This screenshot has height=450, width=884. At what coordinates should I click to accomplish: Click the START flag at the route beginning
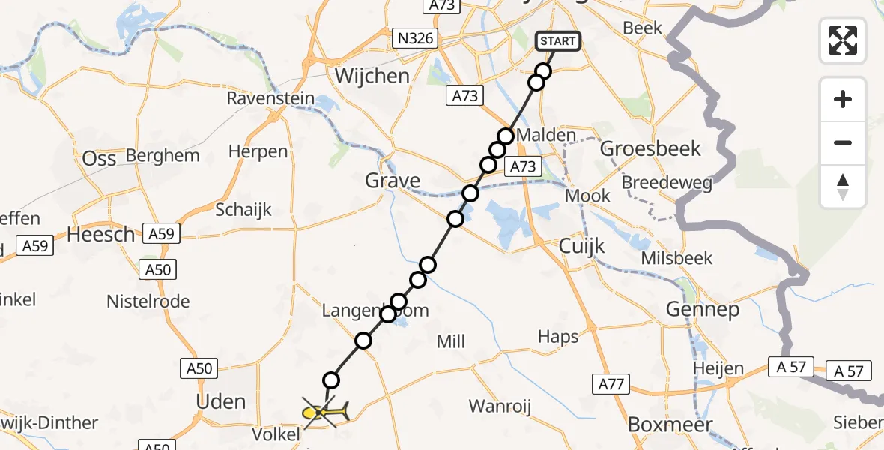point(558,41)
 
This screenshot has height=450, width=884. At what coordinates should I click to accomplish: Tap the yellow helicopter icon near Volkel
point(324,412)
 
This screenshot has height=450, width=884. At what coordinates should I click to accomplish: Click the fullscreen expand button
point(843,40)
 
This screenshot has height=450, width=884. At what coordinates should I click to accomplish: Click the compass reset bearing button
point(843,187)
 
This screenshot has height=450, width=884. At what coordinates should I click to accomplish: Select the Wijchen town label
point(372,76)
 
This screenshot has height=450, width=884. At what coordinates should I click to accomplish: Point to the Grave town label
point(393,181)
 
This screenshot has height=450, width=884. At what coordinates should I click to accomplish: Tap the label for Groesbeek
point(651,148)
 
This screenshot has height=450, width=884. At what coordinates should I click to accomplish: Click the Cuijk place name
point(582,247)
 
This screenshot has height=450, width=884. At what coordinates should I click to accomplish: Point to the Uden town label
point(220,401)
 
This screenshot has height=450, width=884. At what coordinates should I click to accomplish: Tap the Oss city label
point(99,159)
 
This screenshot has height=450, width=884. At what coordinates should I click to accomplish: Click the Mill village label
point(451,342)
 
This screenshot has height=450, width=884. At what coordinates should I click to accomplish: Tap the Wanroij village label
point(500,406)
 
